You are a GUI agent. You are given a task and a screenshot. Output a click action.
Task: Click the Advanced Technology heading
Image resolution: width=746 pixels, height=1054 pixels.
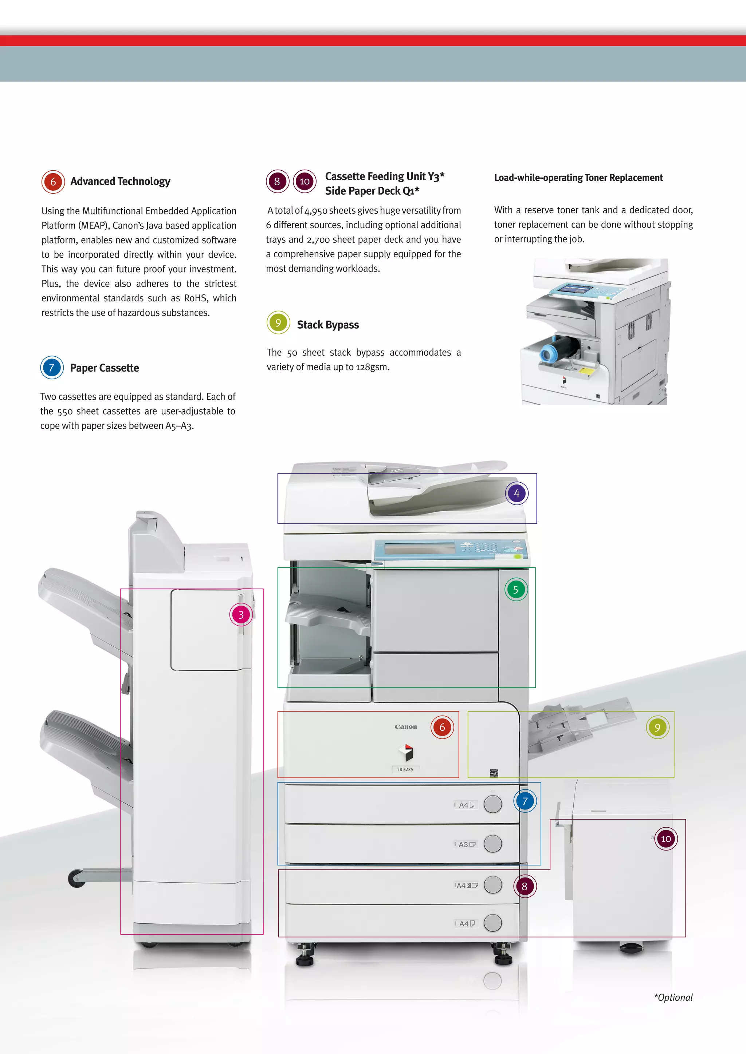point(120,181)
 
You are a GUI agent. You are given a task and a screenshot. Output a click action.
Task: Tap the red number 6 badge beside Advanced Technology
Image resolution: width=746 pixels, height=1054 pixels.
point(53,182)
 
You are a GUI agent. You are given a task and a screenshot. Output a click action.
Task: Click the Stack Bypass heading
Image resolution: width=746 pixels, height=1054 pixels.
point(327,325)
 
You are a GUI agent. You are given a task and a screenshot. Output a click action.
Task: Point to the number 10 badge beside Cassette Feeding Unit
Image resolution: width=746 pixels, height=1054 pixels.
point(305,181)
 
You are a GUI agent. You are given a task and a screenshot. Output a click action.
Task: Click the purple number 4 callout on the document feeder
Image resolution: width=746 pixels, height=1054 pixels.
point(517,494)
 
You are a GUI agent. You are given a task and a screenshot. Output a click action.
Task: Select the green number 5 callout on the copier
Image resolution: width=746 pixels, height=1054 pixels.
point(516,590)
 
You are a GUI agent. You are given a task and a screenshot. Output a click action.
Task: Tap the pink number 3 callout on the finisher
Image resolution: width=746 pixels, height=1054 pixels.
point(241,615)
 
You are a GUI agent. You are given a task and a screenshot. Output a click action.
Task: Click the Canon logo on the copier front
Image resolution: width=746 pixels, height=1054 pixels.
point(406,727)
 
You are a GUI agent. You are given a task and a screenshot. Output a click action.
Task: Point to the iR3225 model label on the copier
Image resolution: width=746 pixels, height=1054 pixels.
point(406,769)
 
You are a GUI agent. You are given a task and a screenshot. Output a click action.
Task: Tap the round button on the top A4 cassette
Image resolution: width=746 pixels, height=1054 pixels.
point(493,804)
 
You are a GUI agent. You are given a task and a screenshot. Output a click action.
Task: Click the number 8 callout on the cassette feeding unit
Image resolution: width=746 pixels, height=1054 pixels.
point(525,887)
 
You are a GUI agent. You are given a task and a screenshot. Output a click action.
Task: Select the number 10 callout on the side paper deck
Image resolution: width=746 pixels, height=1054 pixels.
point(666,839)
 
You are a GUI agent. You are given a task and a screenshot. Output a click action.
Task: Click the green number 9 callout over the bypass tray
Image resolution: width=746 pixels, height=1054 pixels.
point(657,727)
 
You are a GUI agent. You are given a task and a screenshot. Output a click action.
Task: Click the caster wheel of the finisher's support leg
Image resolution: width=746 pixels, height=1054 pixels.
point(76,878)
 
